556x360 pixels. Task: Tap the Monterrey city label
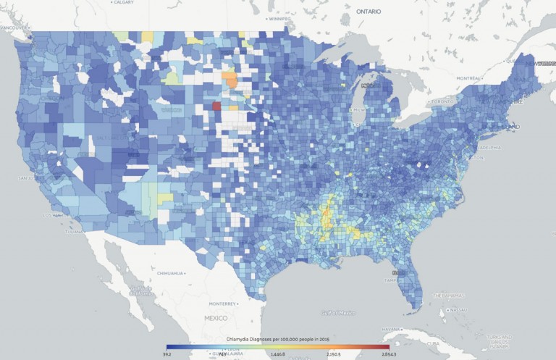[222, 304]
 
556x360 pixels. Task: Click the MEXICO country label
[214, 318]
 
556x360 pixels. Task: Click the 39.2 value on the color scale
[168, 356]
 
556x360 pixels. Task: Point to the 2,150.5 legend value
[334, 356]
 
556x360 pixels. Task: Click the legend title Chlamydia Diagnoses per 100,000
[278, 340]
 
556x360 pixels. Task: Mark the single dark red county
[216, 106]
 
